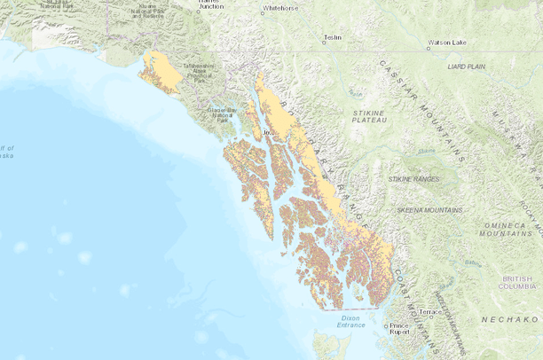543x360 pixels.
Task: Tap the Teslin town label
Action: point(333,38)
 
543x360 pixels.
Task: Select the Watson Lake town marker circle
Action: point(425,43)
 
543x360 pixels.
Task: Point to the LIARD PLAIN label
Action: point(468,67)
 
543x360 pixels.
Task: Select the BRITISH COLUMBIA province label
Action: point(517,282)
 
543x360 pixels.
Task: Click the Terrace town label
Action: point(430,312)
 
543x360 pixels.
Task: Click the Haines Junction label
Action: point(210,4)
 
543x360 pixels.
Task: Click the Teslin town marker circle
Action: point(326,39)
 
